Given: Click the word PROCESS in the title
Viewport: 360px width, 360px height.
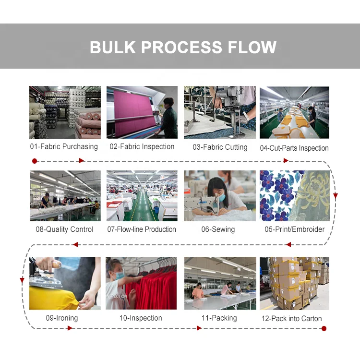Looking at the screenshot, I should click(x=182, y=47).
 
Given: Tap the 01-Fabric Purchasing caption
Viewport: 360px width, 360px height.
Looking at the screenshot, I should click(x=63, y=147).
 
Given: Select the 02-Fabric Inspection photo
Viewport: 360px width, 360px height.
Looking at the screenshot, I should click(x=142, y=112).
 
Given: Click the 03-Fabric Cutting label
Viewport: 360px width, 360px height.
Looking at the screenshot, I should click(x=220, y=147).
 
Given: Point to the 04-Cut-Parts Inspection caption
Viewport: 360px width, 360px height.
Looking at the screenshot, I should click(x=294, y=148).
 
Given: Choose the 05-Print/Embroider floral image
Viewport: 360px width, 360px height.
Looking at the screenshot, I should click(x=294, y=196).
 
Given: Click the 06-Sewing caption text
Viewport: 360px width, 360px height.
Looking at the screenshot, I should click(x=218, y=229).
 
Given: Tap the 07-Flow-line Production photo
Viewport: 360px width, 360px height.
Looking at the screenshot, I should click(x=142, y=196).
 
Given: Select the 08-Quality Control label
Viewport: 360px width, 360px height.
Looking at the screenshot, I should click(x=64, y=229).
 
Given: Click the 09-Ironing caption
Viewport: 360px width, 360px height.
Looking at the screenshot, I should click(x=61, y=318).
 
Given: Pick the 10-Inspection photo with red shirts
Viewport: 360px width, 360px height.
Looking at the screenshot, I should click(x=142, y=283).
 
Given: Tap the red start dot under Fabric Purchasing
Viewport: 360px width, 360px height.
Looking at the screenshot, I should click(x=34, y=161).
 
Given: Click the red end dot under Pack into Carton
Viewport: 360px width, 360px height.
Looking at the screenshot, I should click(x=324, y=328).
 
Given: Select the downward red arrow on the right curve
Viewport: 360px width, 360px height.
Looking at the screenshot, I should click(x=335, y=196).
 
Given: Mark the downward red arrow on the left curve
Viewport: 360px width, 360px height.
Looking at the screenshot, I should click(x=22, y=280).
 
